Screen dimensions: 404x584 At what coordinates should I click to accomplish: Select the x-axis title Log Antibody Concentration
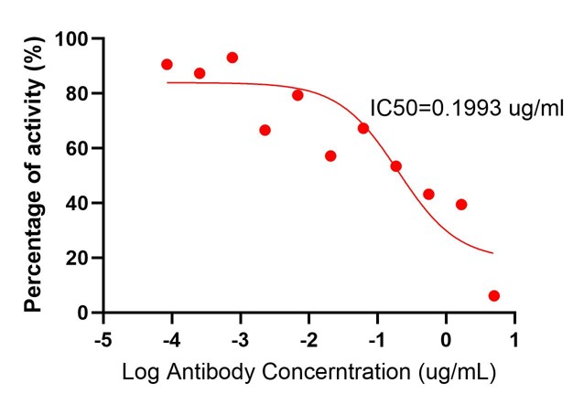311,374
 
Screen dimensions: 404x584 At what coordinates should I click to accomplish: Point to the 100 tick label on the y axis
74,39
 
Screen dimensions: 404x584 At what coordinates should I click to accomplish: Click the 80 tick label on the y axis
80,93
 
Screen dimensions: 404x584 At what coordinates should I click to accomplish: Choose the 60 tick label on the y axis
80,148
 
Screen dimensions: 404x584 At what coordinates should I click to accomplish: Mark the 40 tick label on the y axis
80,203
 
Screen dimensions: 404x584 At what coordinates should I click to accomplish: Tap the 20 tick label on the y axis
80,258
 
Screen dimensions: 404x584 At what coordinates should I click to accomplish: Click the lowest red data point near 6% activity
494,296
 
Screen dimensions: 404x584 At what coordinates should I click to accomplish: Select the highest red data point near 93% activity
233,58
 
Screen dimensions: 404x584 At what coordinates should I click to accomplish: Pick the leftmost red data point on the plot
167,65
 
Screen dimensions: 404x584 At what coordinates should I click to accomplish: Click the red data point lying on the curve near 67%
363,128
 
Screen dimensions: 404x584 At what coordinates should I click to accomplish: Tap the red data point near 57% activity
330,156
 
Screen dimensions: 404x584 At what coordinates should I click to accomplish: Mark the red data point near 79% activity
297,95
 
